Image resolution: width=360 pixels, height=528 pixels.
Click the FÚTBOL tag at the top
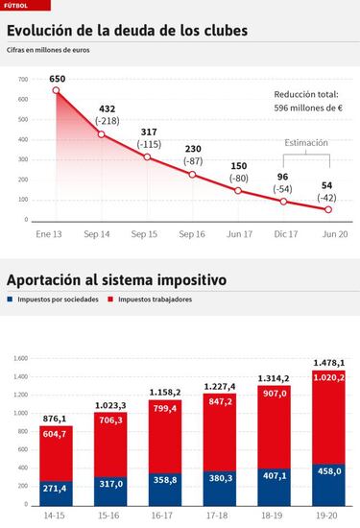(14, 5)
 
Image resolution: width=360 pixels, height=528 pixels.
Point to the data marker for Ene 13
(57, 90)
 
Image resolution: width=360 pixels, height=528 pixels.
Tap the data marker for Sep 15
(147, 156)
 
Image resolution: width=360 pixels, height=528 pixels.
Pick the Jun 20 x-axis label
(328, 233)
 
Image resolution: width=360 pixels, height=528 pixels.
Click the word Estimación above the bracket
(306, 143)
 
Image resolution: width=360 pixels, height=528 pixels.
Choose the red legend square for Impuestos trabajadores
(111, 300)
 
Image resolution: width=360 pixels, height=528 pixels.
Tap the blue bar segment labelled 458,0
(328, 485)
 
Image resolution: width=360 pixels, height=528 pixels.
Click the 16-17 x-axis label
(165, 515)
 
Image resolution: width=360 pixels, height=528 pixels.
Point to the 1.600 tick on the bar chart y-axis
(21, 358)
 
